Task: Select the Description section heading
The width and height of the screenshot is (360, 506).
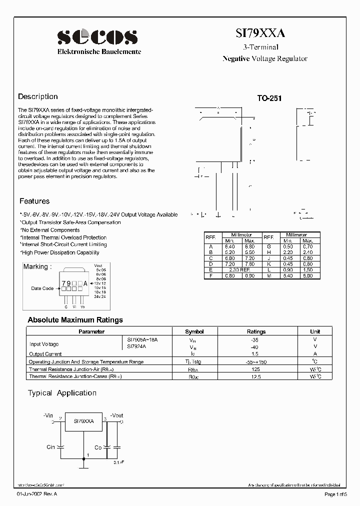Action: (38, 96)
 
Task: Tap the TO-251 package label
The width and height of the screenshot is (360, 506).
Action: (269, 98)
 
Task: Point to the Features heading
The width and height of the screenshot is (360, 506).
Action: (34, 201)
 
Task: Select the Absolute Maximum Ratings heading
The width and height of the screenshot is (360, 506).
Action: (75, 320)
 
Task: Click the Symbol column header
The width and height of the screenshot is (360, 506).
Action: (194, 331)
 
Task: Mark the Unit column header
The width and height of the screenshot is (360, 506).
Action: (314, 331)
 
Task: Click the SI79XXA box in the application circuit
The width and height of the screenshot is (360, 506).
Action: (84, 421)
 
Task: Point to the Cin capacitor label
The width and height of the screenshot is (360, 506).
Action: (50, 447)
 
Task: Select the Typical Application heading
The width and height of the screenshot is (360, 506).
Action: (62, 393)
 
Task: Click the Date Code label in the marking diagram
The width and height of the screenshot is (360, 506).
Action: (42, 288)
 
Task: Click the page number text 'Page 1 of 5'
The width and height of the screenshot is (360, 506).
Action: (337, 494)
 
